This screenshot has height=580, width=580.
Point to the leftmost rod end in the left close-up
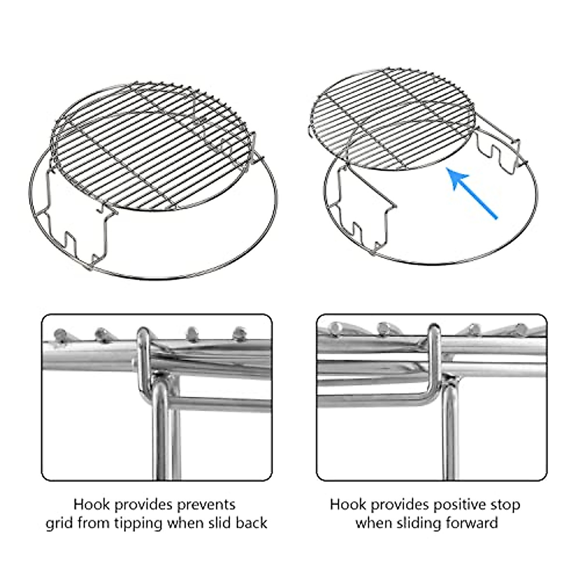(x=60, y=334)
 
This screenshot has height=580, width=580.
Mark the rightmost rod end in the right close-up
(x=520, y=329)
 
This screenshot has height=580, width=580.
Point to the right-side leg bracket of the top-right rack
(x=498, y=150)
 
